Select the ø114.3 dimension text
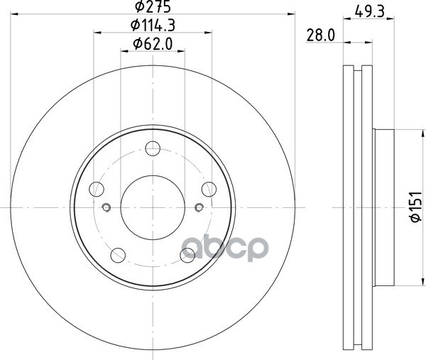pos(153,26)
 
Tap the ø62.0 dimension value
pos(153,44)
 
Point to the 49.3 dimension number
pos(369,11)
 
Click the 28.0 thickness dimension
pos(321,36)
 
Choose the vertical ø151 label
pos(415,207)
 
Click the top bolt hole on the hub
pos(153,148)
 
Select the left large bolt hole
pos(97,189)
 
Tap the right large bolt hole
pos(209,189)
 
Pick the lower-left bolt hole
pos(118,255)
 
